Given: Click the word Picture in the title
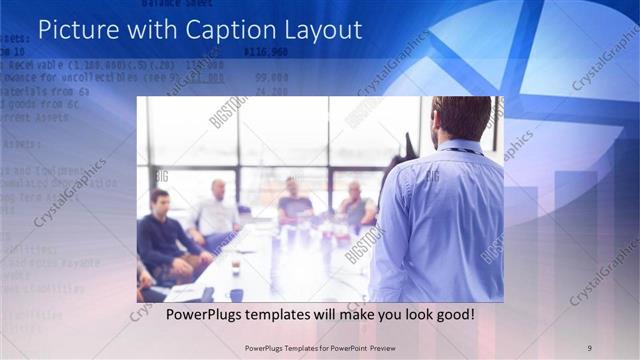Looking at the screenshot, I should click(x=79, y=31).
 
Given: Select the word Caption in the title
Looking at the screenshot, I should click(x=238, y=31).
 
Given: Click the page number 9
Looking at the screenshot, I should click(x=589, y=347).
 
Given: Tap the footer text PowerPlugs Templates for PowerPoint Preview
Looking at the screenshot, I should click(x=319, y=347).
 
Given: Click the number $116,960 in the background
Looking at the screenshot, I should click(x=265, y=51).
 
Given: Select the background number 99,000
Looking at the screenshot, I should click(x=271, y=77).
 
